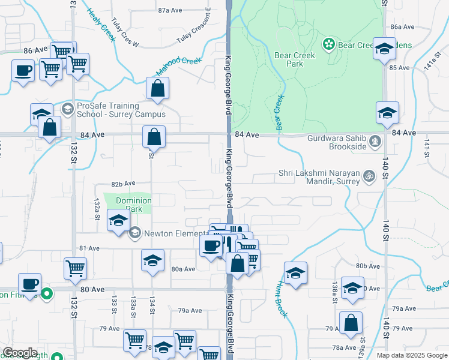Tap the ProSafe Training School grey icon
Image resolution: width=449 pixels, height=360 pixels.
(67, 109)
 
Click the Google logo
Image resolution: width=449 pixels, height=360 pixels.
(20, 353)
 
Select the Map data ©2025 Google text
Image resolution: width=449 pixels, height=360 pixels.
(411, 355)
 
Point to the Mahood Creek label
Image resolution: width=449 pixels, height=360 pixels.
(178, 66)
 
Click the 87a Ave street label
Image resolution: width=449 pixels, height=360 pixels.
(170, 10)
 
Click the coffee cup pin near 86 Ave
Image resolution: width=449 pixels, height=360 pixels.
(23, 71)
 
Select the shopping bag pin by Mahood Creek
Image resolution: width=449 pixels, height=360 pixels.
(157, 89)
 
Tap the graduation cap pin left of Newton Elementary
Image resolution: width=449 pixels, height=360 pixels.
(118, 221)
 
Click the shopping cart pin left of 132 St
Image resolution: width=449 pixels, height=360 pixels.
(75, 269)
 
